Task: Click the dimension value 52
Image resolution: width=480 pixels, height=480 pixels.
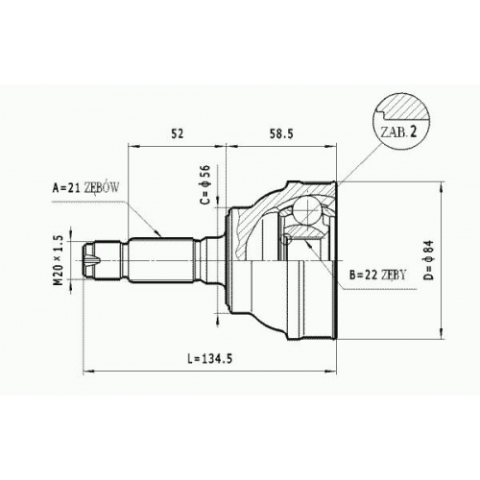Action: [178, 133]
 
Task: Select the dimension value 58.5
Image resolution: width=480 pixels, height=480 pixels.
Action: [281, 133]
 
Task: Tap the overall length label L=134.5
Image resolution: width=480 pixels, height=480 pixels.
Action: [210, 359]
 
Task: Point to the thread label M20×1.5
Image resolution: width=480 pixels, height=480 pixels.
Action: [59, 259]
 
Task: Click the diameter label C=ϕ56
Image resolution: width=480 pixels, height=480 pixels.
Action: [205, 184]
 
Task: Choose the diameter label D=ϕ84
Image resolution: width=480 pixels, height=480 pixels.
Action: [429, 260]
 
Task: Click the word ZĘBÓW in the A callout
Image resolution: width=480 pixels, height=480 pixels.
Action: [101, 188]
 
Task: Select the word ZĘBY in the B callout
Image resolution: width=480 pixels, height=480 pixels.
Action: [393, 275]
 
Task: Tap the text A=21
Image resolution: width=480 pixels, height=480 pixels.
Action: [66, 188]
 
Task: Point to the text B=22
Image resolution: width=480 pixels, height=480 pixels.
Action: [363, 275]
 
